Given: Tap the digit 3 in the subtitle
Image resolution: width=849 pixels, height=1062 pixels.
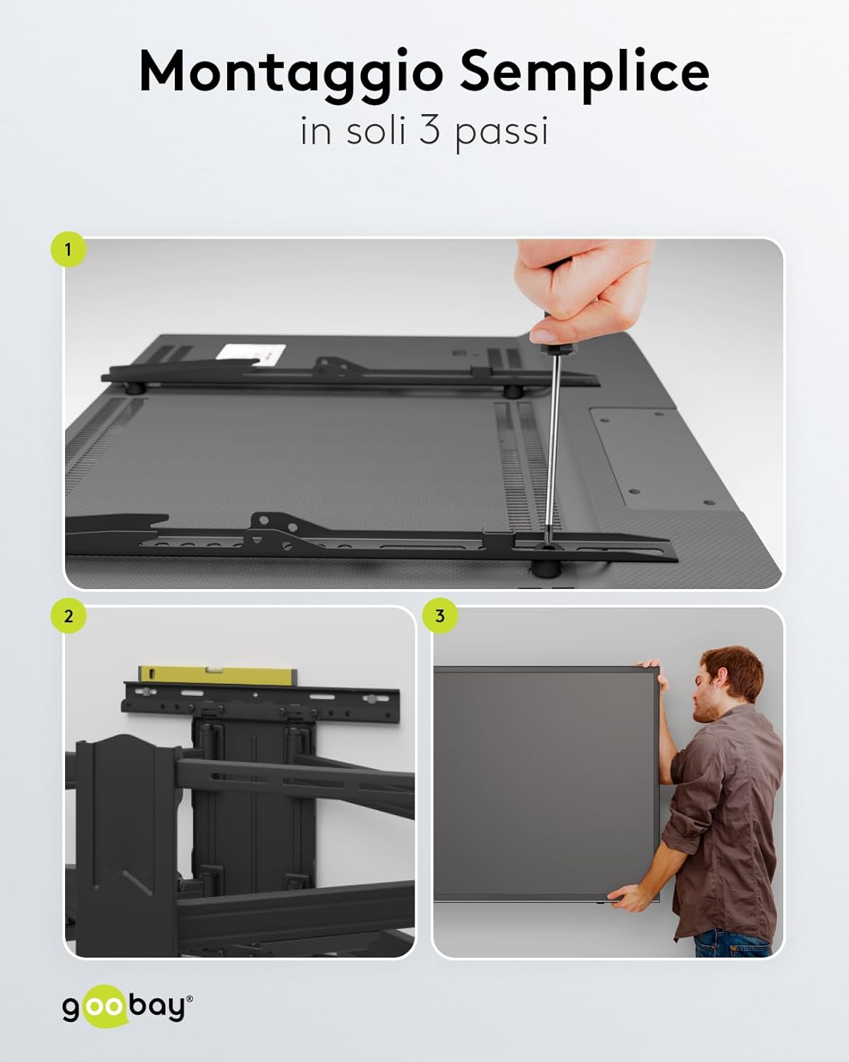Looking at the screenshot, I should click(x=429, y=131).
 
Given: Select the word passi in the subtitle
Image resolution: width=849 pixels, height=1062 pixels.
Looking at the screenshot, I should click(x=502, y=133).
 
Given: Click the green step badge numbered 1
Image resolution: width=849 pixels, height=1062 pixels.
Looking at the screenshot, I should click(x=68, y=250).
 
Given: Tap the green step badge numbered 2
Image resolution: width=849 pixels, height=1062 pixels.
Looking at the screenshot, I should click(x=68, y=616).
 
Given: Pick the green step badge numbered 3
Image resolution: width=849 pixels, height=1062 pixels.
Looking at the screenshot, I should click(x=439, y=616).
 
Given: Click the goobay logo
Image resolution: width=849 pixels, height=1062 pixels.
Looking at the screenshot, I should click(x=127, y=1007).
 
